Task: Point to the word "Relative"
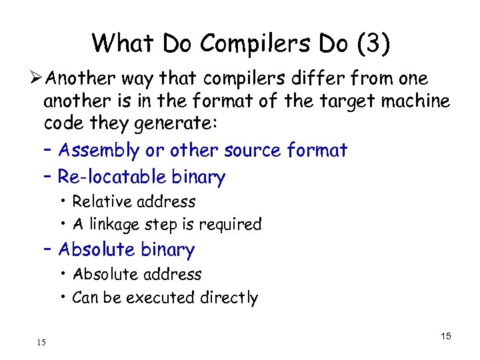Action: pos(100,201)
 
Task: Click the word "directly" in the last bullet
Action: pos(229,298)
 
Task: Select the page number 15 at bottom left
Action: pos(41,343)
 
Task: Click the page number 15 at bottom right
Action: pos(445,336)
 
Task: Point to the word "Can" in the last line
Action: pos(85,297)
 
